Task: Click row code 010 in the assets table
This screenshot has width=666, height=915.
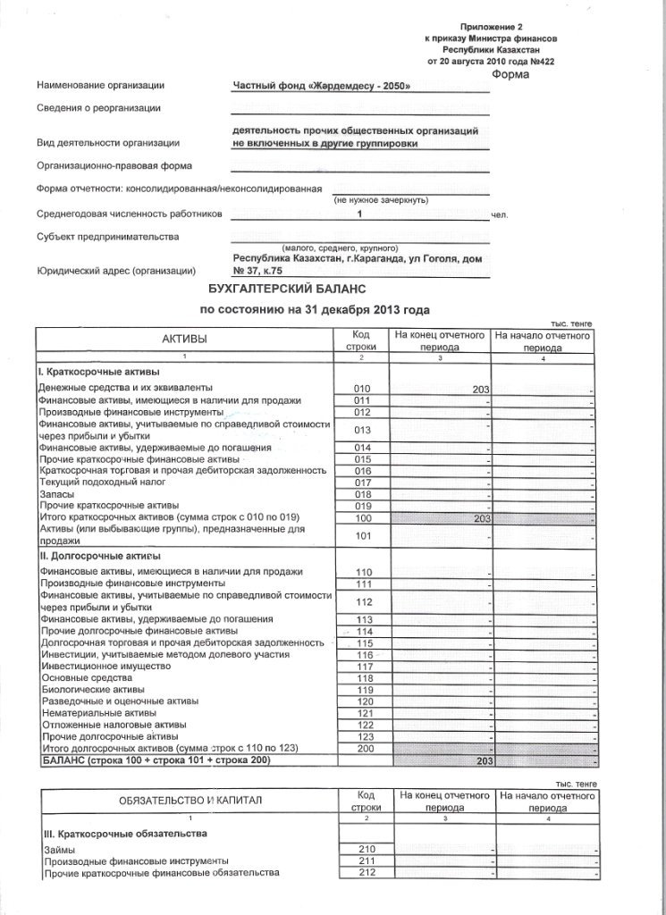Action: point(362,389)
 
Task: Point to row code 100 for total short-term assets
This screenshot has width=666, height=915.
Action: point(362,518)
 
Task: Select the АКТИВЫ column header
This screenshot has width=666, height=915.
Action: point(184,340)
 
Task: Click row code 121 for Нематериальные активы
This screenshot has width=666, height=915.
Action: point(364,712)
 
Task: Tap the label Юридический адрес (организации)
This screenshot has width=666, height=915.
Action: point(116,271)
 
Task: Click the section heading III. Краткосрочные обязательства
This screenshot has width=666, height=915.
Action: point(126,833)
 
